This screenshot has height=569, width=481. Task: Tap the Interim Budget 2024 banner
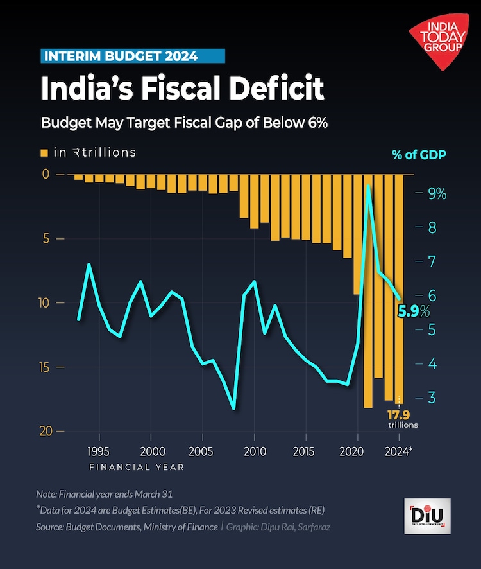coord(133,56)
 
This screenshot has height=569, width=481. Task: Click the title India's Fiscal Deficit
coord(182,88)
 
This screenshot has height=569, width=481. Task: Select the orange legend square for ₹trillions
coord(45,153)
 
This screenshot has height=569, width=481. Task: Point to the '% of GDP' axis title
coord(419,155)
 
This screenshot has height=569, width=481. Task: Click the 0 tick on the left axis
coord(46,174)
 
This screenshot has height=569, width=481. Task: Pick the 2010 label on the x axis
coord(255,451)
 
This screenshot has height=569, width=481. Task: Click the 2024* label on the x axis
coord(400,451)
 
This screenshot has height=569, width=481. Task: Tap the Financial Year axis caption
coord(136,467)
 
